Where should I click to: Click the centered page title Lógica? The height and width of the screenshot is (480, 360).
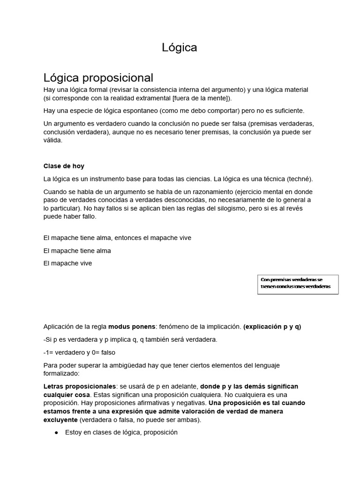(180, 47)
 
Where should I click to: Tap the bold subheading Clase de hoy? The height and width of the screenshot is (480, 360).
(64, 166)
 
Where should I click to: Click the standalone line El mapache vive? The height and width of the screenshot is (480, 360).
(67, 263)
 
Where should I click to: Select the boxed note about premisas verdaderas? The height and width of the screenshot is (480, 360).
(298, 283)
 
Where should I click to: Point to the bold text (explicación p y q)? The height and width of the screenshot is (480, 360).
(272, 327)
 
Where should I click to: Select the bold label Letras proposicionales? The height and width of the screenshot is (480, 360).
(79, 386)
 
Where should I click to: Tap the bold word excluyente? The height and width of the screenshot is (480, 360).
(60, 420)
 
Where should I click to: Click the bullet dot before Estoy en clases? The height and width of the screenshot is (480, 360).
(56, 433)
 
